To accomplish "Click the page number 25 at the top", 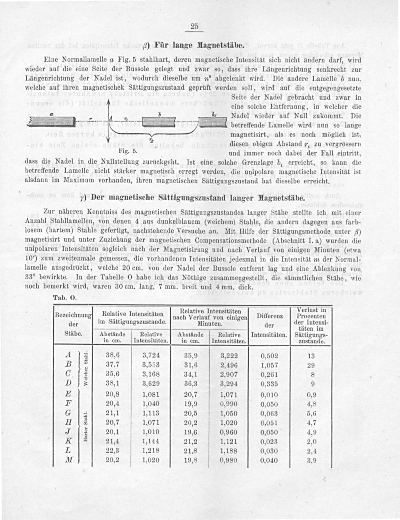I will (x=194, y=26).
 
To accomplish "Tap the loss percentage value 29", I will (x=311, y=365).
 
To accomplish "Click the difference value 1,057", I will (x=269, y=365).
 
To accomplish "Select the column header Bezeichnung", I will (x=73, y=315).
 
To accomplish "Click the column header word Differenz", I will (x=270, y=316).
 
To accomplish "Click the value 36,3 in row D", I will (x=190, y=383).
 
